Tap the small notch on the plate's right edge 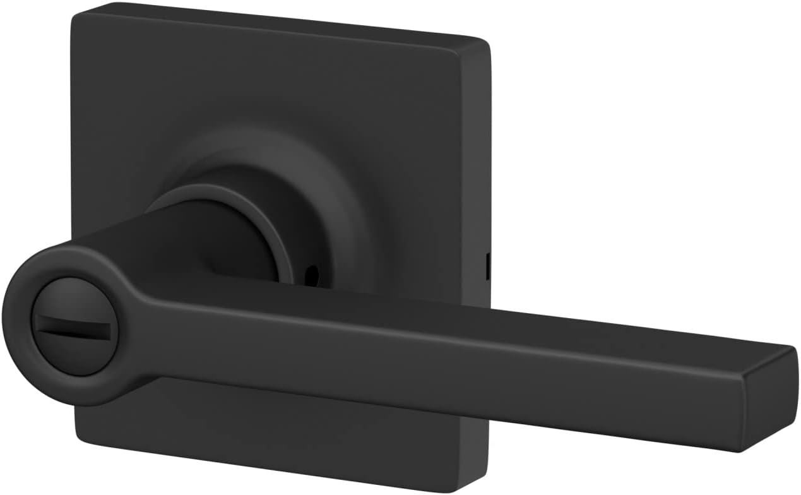pos(488,265)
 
